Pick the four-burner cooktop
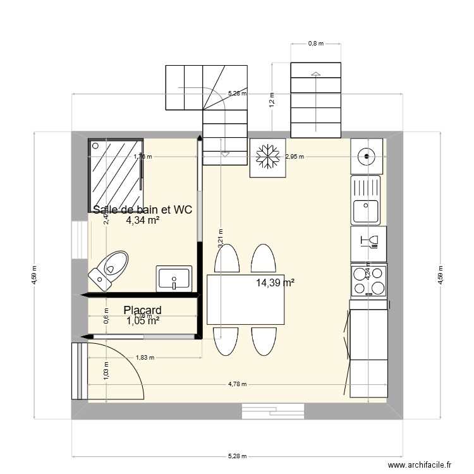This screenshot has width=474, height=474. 367,280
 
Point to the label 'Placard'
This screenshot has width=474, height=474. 142,310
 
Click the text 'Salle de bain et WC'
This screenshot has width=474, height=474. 142,210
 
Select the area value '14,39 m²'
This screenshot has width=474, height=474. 276,283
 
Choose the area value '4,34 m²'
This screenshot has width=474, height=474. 142,221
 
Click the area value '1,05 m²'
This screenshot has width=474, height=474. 142,321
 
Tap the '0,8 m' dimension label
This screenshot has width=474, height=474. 315,44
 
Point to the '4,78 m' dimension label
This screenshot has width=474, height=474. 238,384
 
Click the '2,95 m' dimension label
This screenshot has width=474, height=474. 295,156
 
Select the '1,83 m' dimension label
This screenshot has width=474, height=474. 145,358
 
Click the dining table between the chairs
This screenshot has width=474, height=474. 246,299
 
